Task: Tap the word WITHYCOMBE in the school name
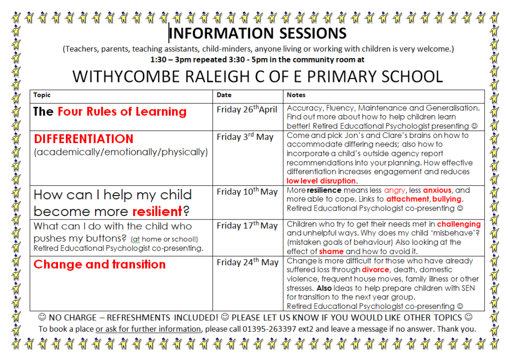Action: pos(127,77)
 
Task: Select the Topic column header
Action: pos(42,95)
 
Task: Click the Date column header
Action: pos(224,95)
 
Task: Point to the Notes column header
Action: pos(296,95)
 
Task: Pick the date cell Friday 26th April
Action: pos(247,109)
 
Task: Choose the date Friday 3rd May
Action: pos(245,137)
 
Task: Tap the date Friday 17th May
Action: pos(247,225)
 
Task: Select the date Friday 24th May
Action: pos(248,262)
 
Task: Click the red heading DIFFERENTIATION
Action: pos(83,139)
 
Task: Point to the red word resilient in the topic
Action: pos(157,212)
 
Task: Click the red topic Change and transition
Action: pos(99,264)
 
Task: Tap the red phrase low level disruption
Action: pos(321,181)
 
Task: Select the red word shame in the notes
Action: pos(331,251)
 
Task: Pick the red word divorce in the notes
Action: pos(376,270)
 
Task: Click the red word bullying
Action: pos(447,199)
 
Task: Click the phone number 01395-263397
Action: pos(269,329)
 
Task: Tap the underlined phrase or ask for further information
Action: pos(148,329)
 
